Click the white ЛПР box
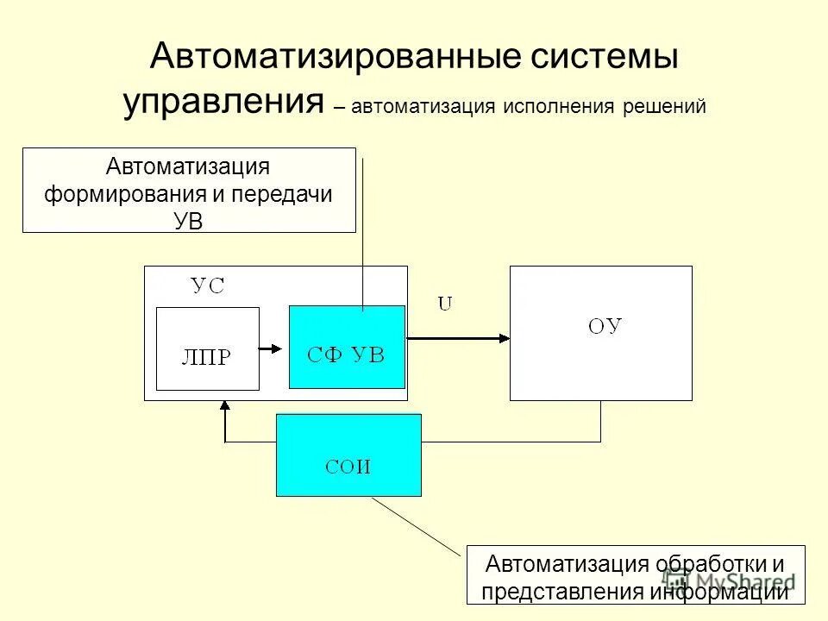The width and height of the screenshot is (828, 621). pyautogui.click(x=207, y=348)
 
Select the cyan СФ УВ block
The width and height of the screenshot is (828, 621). pyautogui.click(x=347, y=347)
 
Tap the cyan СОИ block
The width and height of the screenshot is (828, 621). pyautogui.click(x=348, y=455)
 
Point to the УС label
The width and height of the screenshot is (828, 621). pyautogui.click(x=207, y=286)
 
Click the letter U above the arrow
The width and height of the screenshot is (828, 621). pyautogui.click(x=445, y=304)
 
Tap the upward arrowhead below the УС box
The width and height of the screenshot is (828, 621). pyautogui.click(x=225, y=406)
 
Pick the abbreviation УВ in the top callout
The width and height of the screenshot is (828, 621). pyautogui.click(x=188, y=220)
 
